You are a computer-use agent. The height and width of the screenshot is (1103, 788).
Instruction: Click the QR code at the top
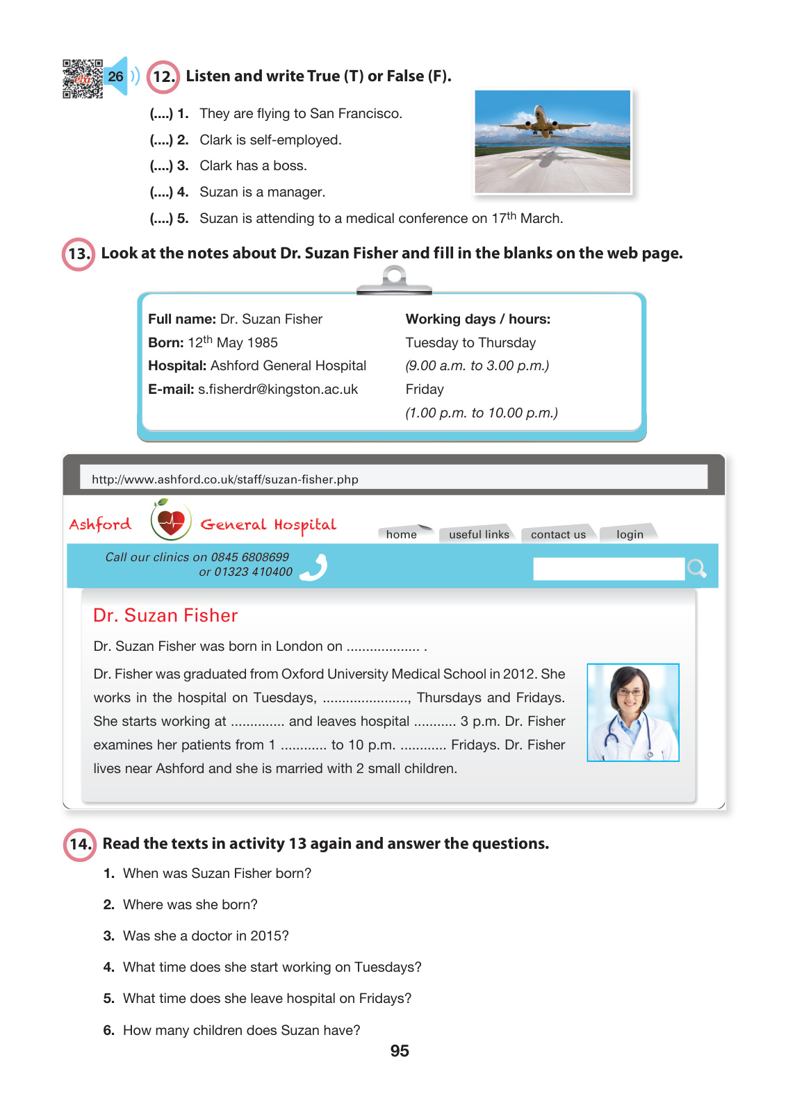(x=82, y=78)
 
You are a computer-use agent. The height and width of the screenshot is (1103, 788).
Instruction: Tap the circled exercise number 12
(x=163, y=76)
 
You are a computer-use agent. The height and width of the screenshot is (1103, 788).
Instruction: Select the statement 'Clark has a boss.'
(x=253, y=166)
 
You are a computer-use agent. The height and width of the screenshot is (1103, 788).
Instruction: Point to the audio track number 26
(x=115, y=76)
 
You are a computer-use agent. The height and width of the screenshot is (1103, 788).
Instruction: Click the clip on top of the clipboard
(x=394, y=280)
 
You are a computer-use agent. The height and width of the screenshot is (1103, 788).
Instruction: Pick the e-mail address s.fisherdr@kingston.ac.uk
(x=277, y=390)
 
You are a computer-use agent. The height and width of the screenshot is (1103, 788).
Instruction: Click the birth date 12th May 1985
(x=232, y=342)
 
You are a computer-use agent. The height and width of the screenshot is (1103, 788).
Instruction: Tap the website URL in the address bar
(x=224, y=479)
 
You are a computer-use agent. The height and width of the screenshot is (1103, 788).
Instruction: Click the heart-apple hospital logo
(x=171, y=520)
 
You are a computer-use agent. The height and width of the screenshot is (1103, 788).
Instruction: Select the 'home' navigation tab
(x=402, y=534)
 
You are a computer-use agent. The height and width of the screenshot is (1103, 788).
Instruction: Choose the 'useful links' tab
(x=479, y=534)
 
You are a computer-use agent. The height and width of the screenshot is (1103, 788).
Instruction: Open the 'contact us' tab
(x=558, y=534)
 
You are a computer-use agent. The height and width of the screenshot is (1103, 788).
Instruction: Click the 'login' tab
(x=630, y=534)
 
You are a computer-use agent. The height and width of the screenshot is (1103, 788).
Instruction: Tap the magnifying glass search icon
(x=696, y=569)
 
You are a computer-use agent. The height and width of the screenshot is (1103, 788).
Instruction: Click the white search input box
(x=608, y=569)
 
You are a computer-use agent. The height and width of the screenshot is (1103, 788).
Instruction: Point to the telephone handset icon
(x=315, y=567)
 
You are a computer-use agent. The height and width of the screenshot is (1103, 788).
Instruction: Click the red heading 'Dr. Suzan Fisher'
(x=165, y=615)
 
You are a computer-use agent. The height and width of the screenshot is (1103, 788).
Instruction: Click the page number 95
(x=400, y=1051)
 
